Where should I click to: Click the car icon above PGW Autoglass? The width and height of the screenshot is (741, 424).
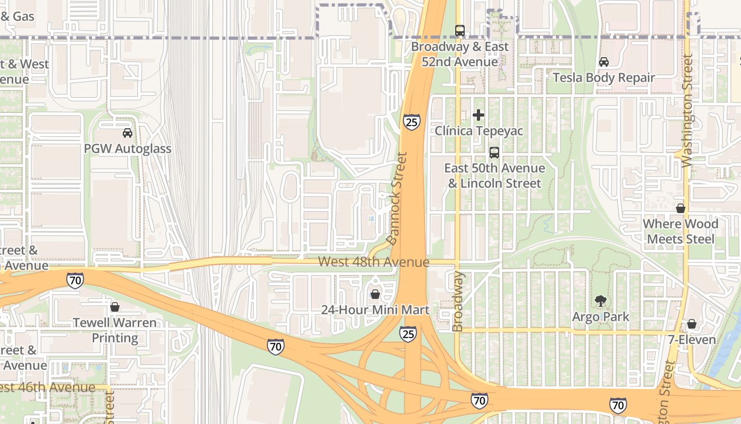pyautogui.click(x=127, y=133)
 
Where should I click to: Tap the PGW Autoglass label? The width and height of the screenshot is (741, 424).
pyautogui.click(x=128, y=149)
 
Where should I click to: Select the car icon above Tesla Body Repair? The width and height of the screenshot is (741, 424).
pyautogui.click(x=604, y=62)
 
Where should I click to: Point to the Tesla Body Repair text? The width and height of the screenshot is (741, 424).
pyautogui.click(x=604, y=78)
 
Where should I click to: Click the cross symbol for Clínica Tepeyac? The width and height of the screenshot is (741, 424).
pyautogui.click(x=478, y=115)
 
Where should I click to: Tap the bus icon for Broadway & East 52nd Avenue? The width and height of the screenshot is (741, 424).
pyautogui.click(x=460, y=31)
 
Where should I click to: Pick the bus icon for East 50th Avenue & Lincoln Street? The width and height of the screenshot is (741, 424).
pyautogui.click(x=494, y=153)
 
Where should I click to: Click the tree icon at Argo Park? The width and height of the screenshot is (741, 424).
pyautogui.click(x=601, y=302)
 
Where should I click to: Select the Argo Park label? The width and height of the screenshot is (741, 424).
pyautogui.click(x=601, y=317)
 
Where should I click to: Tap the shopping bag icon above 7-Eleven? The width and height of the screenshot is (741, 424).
pyautogui.click(x=691, y=324)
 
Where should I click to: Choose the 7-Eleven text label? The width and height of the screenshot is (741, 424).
pyautogui.click(x=691, y=340)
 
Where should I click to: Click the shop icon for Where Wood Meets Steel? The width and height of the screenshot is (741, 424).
pyautogui.click(x=681, y=208)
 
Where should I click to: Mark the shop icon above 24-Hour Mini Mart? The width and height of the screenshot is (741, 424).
pyautogui.click(x=375, y=294)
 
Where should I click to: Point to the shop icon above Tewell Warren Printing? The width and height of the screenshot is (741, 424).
pyautogui.click(x=114, y=307)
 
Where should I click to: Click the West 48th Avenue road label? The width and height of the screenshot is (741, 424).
pyautogui.click(x=374, y=262)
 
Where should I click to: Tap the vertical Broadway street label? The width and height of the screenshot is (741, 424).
pyautogui.click(x=458, y=302)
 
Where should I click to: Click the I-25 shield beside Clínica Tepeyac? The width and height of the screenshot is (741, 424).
pyautogui.click(x=411, y=122)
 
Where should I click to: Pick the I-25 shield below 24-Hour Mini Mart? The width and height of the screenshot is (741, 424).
pyautogui.click(x=408, y=334)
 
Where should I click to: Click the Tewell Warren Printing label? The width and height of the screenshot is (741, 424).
pyautogui.click(x=115, y=330)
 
